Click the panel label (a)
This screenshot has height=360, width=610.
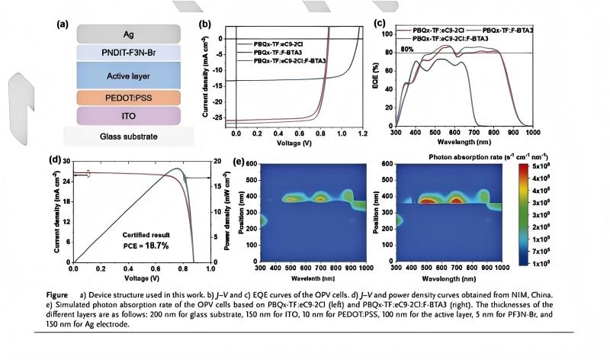point(63,24)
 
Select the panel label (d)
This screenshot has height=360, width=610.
point(54,159)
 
